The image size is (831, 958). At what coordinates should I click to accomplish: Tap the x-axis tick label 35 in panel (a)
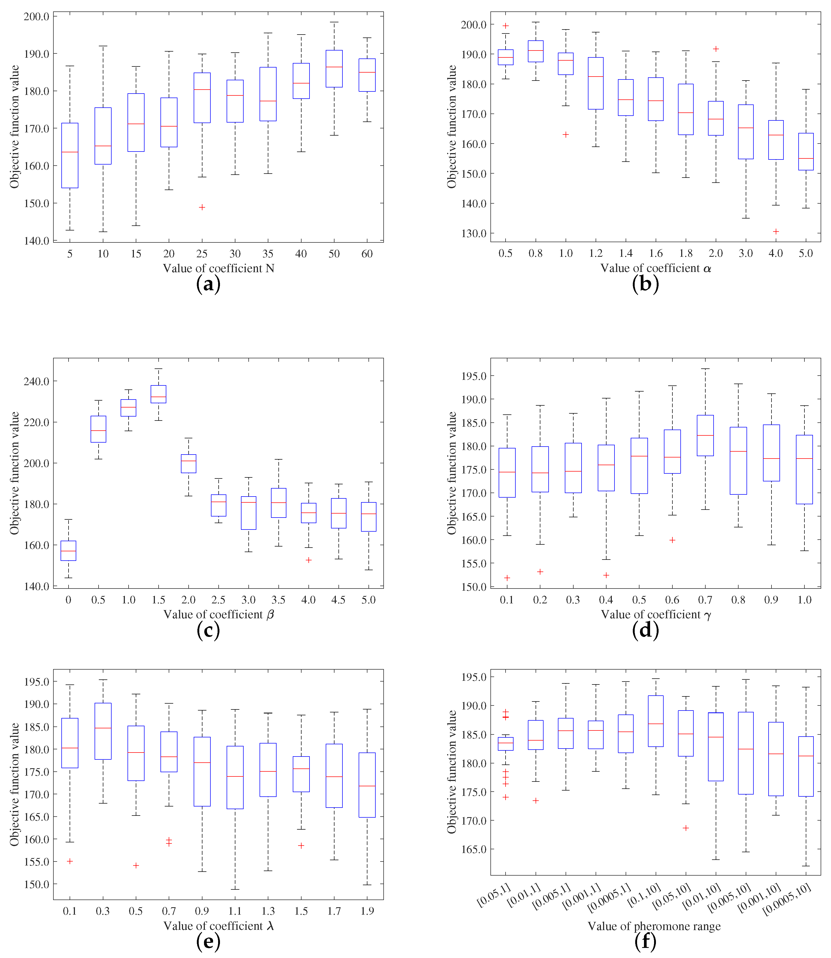click(268, 254)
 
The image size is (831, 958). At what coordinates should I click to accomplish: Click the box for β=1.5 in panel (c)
click(159, 394)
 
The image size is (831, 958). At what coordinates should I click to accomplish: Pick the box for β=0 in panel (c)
click(69, 551)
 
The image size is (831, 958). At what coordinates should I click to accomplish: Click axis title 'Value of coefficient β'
click(218, 614)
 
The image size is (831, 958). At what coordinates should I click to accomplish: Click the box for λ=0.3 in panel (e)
click(103, 731)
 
